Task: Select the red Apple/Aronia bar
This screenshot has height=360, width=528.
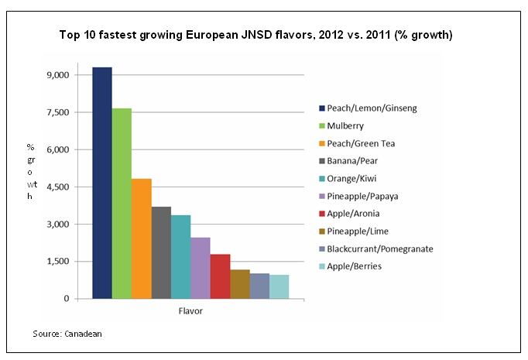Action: click(220, 276)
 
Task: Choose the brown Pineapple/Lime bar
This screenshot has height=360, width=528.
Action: click(240, 284)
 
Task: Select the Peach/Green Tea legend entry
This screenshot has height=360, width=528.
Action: click(361, 143)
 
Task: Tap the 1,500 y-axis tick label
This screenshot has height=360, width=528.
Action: click(59, 261)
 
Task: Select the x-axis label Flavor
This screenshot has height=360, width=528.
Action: click(190, 313)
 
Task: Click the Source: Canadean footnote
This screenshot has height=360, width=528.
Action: click(67, 334)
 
